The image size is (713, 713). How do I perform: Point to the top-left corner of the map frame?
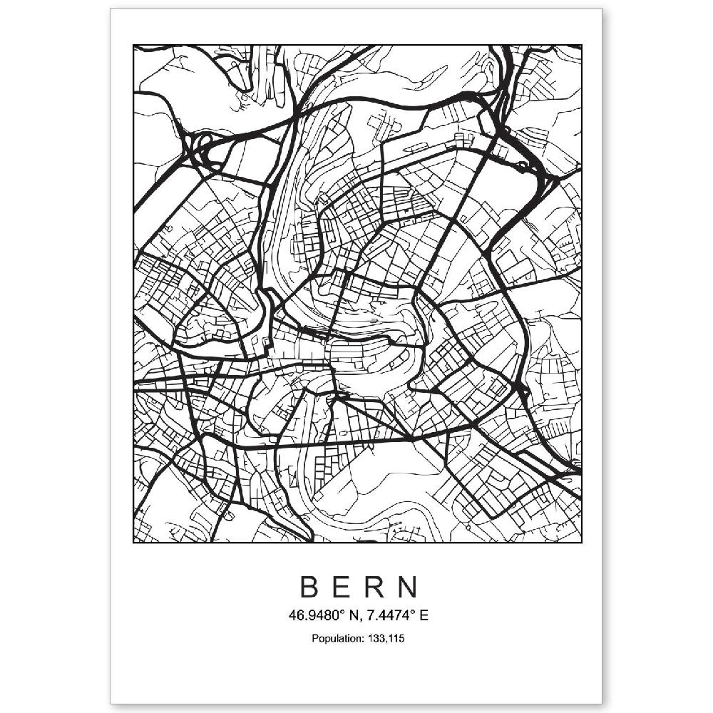point(133,46)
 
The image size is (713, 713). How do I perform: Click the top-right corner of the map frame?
point(582,46)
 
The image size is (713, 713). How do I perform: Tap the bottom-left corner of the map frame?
point(133,543)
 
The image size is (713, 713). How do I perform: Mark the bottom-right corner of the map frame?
point(582,543)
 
